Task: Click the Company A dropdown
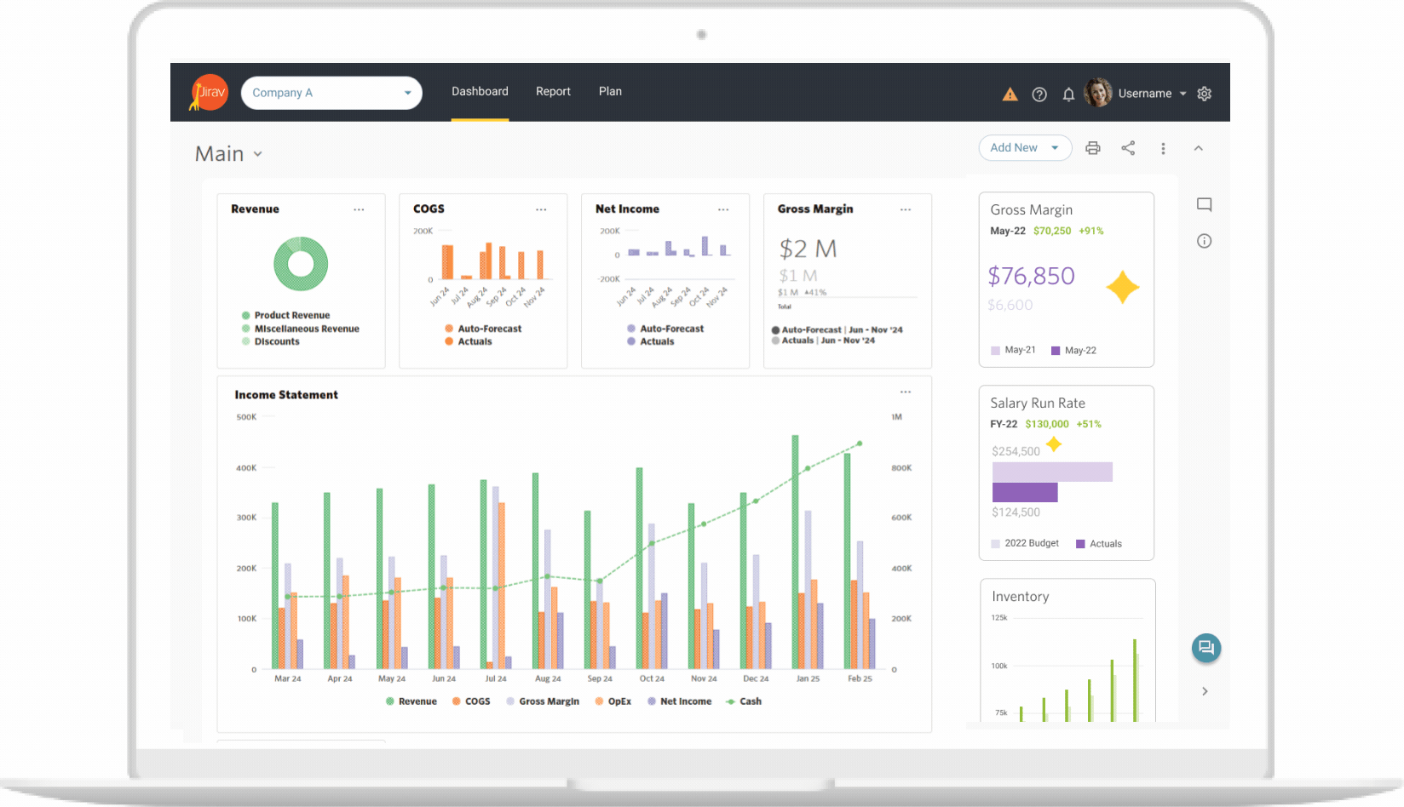click(x=331, y=93)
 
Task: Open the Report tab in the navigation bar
click(x=553, y=92)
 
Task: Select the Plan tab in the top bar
click(x=610, y=92)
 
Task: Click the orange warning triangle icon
click(x=1010, y=94)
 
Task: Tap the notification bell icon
click(x=1068, y=94)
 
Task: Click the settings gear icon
click(x=1204, y=94)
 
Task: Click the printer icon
click(x=1092, y=148)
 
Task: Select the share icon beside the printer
click(x=1128, y=148)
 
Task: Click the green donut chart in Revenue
click(x=301, y=264)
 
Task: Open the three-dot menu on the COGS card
click(x=541, y=209)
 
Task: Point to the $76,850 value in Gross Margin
click(x=1031, y=276)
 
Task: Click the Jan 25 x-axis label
click(x=808, y=678)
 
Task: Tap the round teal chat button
click(x=1205, y=648)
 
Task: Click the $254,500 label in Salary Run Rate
click(x=1016, y=451)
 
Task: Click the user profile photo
click(x=1098, y=93)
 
